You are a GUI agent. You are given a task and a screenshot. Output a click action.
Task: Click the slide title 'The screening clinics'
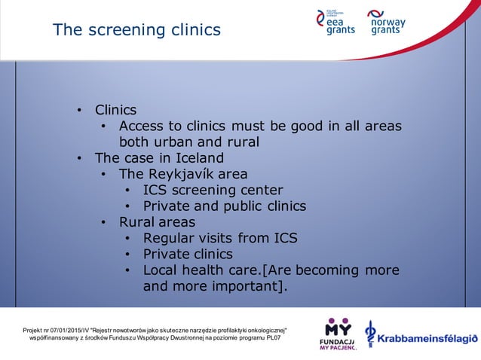coord(136,30)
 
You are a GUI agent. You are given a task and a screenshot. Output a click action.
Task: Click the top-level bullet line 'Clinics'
coord(115,110)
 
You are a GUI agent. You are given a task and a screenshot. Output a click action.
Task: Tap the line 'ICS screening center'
coord(213,190)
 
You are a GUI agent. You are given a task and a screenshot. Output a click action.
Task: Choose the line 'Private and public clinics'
coord(224,206)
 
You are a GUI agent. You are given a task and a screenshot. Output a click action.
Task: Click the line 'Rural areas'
coord(157,222)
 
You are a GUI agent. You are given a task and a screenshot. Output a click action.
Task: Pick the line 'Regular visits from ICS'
coord(219,238)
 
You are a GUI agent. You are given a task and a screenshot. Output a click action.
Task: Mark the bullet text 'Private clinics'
coord(188,254)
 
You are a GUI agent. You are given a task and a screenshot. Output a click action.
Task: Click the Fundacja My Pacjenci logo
coord(337,335)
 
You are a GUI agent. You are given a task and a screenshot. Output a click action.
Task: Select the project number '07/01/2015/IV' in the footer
coord(69,331)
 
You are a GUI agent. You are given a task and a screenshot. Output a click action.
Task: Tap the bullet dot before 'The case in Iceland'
coord(79,159)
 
